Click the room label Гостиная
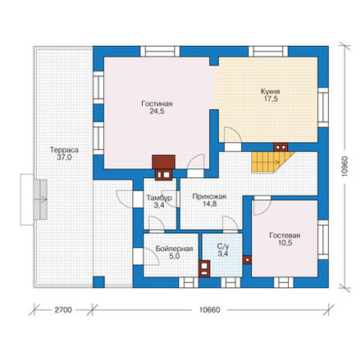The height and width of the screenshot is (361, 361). (x=157, y=104)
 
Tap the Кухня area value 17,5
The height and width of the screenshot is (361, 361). (x=271, y=99)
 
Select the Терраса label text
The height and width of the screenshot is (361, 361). (x=64, y=150)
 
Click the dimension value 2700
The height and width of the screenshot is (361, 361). (x=63, y=310)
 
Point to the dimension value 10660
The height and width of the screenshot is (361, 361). (x=209, y=310)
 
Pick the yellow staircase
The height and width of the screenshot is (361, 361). (x=272, y=162)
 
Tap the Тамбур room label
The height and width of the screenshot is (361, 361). (x=159, y=198)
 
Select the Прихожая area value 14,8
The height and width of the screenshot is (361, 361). (x=210, y=203)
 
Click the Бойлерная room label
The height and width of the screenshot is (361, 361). (x=174, y=249)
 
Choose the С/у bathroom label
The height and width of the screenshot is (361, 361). (x=223, y=246)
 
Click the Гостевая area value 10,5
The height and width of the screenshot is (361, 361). (x=286, y=243)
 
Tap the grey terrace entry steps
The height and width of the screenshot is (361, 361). (x=40, y=199)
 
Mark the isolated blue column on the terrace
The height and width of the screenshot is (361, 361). (x=98, y=282)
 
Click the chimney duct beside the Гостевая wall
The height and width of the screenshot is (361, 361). (x=247, y=260)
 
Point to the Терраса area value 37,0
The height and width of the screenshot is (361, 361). (x=64, y=158)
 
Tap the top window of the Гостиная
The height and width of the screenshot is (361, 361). (x=160, y=51)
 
